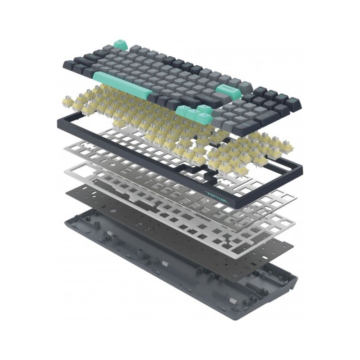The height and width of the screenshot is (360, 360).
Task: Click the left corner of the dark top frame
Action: tap(58, 121)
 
